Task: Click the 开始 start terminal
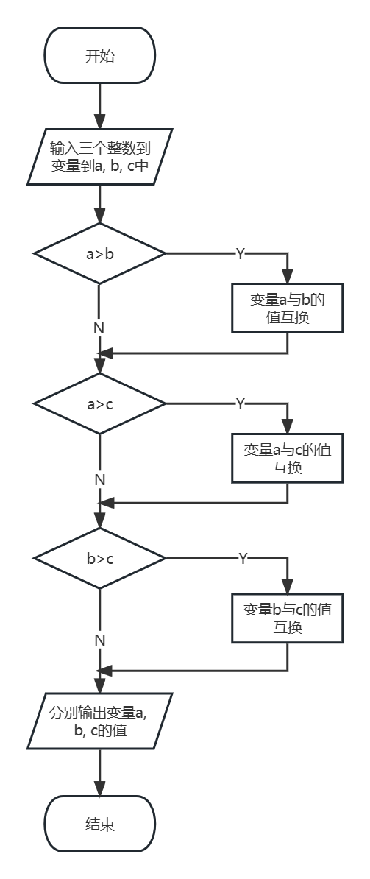[x=99, y=55]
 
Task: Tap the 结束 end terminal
[x=99, y=824]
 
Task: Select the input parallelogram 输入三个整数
[x=99, y=156]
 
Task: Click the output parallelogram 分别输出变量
[x=99, y=721]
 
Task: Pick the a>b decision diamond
[x=99, y=253]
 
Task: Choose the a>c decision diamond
[x=99, y=403]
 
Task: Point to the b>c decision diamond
[x=99, y=558]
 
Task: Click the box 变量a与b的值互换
[x=287, y=308]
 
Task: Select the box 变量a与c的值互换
[x=287, y=458]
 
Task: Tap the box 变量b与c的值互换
[x=287, y=618]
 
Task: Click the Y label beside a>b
[x=240, y=254]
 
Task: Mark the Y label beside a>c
[x=240, y=404]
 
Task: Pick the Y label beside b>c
[x=243, y=558]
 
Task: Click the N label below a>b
[x=99, y=328]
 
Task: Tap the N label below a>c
[x=99, y=480]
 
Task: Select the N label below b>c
[x=99, y=640]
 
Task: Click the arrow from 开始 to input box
[x=99, y=106]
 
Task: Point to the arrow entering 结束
[x=99, y=772]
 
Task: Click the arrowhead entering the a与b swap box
[x=287, y=276]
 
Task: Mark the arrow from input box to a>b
[x=99, y=204]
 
